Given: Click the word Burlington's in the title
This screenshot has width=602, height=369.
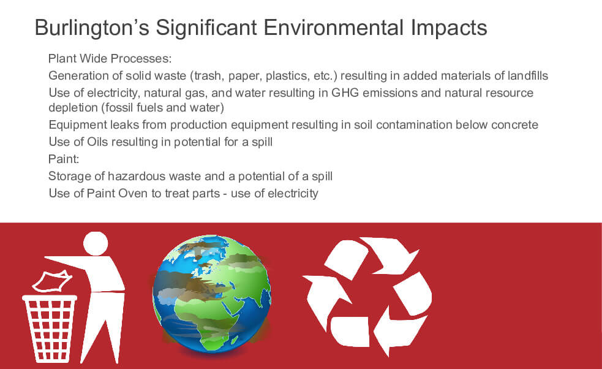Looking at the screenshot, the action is [x=92, y=28].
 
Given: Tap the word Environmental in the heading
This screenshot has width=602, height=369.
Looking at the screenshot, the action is [x=333, y=28].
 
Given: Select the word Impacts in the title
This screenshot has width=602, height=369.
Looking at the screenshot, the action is [x=449, y=28].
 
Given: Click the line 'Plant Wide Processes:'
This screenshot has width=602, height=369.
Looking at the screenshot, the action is [x=110, y=58].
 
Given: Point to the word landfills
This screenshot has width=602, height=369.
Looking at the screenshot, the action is [x=528, y=75].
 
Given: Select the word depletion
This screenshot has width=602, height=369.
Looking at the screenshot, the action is [x=73, y=108].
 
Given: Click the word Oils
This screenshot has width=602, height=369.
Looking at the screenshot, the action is [x=97, y=142].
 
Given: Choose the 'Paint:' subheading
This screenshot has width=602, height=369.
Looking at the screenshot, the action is [x=64, y=159].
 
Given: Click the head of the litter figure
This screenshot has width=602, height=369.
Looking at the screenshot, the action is [x=96, y=243].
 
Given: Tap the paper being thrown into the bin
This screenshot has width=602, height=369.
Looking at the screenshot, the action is [x=52, y=281].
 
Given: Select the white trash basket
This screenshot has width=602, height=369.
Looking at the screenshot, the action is [x=50, y=329].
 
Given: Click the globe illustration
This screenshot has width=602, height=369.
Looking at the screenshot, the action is [x=212, y=293].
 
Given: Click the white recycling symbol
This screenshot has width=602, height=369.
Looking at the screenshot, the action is [x=367, y=296].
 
